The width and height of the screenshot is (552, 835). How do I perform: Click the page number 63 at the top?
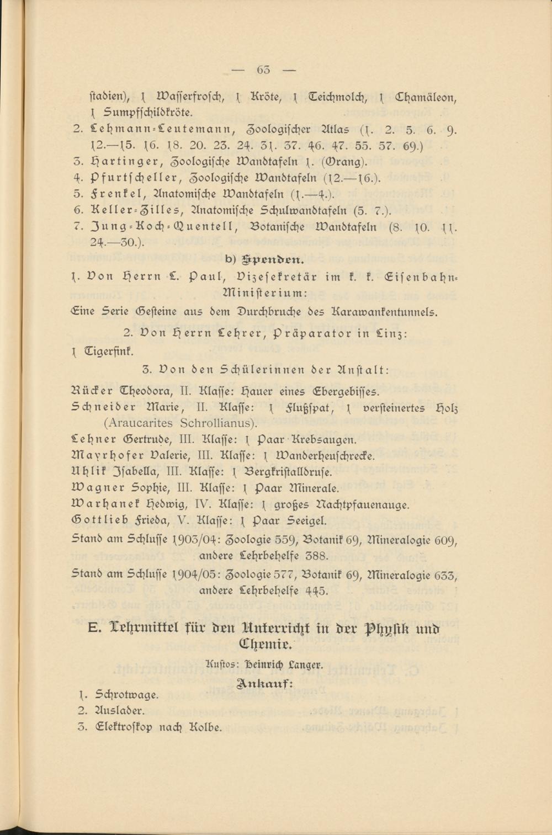tap(263, 70)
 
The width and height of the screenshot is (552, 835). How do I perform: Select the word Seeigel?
tap(307, 520)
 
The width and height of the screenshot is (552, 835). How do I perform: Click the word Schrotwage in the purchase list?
tap(127, 695)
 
